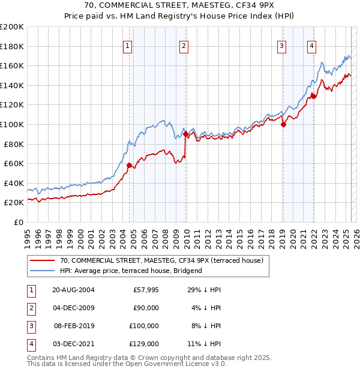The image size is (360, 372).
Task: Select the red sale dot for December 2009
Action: click(x=185, y=134)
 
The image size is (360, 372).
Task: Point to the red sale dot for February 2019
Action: click(x=284, y=124)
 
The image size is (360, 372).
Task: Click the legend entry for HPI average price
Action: click(x=131, y=271)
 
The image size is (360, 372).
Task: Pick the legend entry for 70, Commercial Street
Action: click(x=157, y=260)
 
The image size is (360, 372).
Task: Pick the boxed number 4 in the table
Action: click(x=30, y=344)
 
